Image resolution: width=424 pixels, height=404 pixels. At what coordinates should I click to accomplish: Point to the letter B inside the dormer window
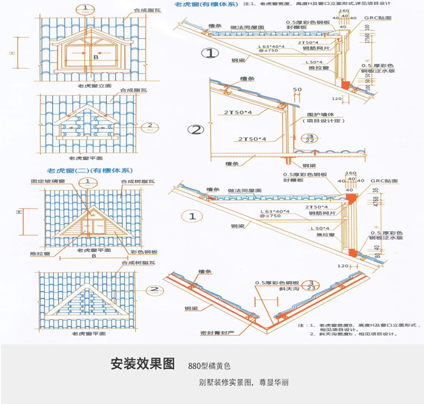coord(95,57)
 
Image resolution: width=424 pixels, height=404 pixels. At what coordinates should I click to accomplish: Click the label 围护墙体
coord(318,114)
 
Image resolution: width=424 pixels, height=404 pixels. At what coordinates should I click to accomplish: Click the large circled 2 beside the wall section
coord(196,130)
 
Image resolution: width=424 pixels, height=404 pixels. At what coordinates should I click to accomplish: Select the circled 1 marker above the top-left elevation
coord(85,9)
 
